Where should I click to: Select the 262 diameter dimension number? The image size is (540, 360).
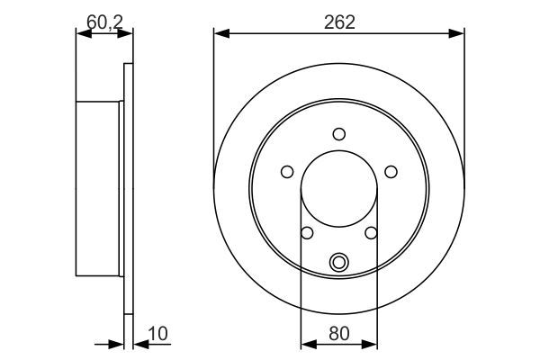click(339, 21)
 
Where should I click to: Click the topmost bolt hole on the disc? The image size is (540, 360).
click(339, 134)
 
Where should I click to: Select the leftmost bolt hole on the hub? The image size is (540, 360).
click(287, 172)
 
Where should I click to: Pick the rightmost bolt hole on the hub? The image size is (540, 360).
click(391, 172)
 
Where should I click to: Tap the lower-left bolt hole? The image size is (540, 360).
click(307, 233)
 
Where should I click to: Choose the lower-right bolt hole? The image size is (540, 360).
click(372, 233)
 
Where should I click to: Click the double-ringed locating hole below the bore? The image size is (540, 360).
click(339, 263)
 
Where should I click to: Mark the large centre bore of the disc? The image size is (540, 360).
click(339, 189)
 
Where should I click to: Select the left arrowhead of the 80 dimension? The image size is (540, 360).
click(305, 344)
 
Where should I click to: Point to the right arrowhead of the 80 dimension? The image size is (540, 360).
click(373, 344)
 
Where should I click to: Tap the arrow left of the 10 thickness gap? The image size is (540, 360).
click(117, 344)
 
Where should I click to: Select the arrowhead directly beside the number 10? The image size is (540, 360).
click(138, 344)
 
